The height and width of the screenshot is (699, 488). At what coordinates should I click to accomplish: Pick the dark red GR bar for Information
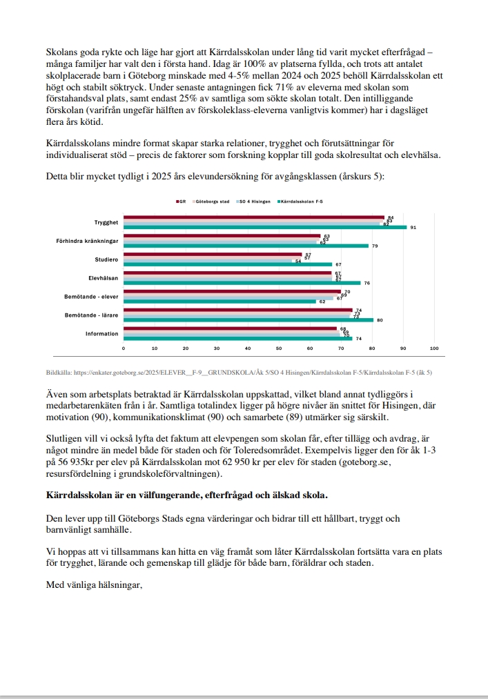(x=230, y=328)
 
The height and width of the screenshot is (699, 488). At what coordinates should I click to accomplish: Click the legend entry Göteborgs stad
(x=212, y=201)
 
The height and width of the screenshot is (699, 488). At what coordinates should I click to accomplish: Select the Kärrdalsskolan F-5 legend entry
(x=302, y=201)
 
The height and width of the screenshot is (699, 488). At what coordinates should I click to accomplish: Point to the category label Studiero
(x=106, y=259)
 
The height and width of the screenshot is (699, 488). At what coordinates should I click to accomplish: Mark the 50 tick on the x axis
(x=279, y=348)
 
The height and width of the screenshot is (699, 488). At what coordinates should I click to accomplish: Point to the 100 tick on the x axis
(x=434, y=348)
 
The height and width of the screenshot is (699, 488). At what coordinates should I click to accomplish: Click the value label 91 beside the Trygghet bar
(x=413, y=227)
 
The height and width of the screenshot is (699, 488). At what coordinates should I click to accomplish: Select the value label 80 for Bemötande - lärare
(x=379, y=320)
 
